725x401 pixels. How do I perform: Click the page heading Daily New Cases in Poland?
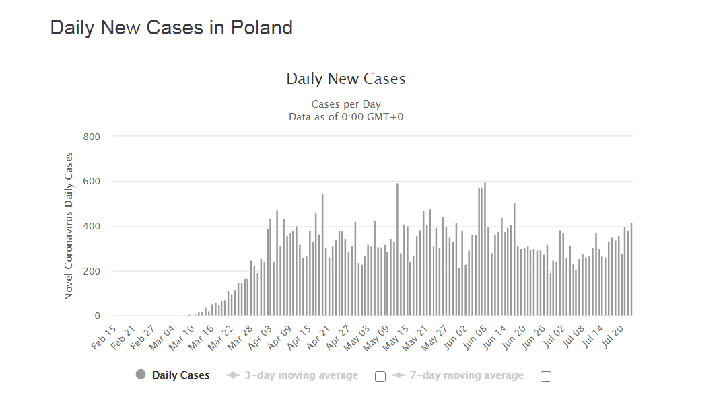(x=172, y=28)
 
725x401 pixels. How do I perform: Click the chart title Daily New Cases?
(x=346, y=79)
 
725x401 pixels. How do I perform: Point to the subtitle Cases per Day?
(x=346, y=104)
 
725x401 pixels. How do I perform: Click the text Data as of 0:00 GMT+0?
(x=346, y=116)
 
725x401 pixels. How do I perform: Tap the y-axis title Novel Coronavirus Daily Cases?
(x=69, y=226)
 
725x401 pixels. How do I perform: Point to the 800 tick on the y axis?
(x=91, y=137)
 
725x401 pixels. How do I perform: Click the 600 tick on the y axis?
(x=91, y=182)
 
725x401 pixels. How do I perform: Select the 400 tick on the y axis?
(x=91, y=226)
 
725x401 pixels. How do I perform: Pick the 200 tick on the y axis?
(x=91, y=271)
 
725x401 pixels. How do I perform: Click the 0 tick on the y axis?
(x=97, y=316)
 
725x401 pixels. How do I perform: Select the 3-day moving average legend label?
(x=301, y=375)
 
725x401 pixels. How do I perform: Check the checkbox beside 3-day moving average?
(x=380, y=377)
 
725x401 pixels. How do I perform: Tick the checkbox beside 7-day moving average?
(x=546, y=377)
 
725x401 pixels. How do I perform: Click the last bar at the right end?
(x=631, y=269)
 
